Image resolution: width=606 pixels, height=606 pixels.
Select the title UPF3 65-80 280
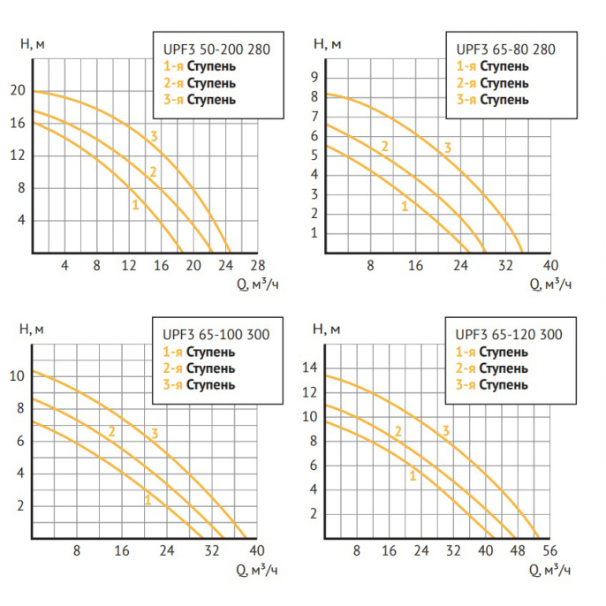click(504, 49)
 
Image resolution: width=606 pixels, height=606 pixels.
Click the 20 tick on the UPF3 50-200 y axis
click(17, 91)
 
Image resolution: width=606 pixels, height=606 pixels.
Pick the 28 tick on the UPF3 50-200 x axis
click(258, 265)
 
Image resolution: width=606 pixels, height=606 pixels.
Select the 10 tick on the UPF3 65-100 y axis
click(17, 376)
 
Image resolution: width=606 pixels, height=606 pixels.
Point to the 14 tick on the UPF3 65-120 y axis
click(310, 367)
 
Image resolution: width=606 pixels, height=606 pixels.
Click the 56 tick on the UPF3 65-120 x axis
click(549, 550)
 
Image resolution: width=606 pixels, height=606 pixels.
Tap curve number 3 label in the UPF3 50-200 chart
click(154, 136)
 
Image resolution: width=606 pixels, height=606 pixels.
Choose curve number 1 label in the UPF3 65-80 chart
click(405, 206)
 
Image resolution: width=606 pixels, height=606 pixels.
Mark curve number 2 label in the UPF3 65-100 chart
click(112, 431)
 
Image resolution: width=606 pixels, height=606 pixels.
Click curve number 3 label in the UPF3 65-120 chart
click(446, 430)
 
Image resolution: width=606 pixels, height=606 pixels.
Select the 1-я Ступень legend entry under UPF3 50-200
click(199, 66)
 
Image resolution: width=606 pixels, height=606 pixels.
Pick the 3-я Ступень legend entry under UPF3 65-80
click(492, 99)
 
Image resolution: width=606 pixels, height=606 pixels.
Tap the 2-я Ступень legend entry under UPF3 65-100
click(199, 367)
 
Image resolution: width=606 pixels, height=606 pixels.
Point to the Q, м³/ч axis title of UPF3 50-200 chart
click(261, 284)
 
